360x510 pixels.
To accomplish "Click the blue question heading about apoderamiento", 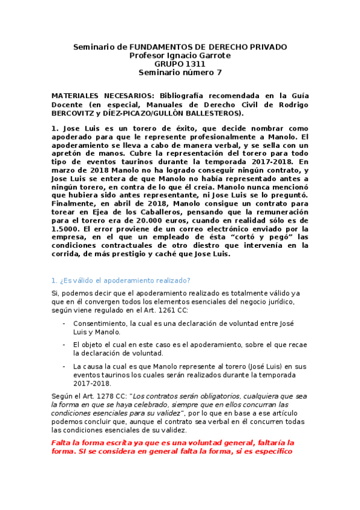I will click(121, 280).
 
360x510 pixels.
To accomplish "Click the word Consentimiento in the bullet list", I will click(102, 324).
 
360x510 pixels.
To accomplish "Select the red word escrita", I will click(105, 443).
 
